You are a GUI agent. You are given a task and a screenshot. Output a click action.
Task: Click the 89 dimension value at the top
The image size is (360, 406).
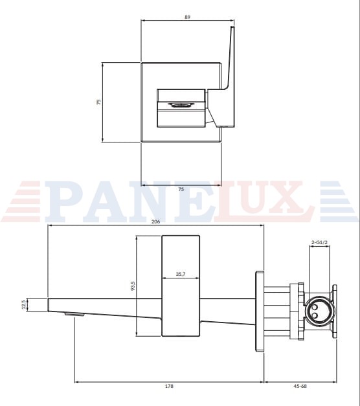pyautogui.click(x=188, y=17)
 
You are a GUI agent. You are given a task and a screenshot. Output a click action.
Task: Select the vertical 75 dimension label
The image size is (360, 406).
pyautogui.click(x=99, y=102)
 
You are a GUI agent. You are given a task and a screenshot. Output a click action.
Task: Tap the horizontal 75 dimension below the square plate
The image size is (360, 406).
pyautogui.click(x=181, y=189)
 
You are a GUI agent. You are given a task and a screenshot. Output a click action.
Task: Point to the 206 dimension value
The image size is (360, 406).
pyautogui.click(x=155, y=221)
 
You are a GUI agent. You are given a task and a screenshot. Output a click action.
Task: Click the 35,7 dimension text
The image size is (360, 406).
pyautogui.click(x=181, y=274)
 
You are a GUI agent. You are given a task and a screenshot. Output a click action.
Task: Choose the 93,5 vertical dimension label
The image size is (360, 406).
pyautogui.click(x=133, y=286)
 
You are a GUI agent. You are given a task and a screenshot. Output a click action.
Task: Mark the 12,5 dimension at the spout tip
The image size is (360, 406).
pyautogui.click(x=24, y=304)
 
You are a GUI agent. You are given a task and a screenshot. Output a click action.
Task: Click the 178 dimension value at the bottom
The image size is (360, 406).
pyautogui.click(x=169, y=386)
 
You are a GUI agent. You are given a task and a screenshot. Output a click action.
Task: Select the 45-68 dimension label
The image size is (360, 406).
pyautogui.click(x=300, y=386)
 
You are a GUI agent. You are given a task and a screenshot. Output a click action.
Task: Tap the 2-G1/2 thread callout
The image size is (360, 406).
pyautogui.click(x=319, y=242)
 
